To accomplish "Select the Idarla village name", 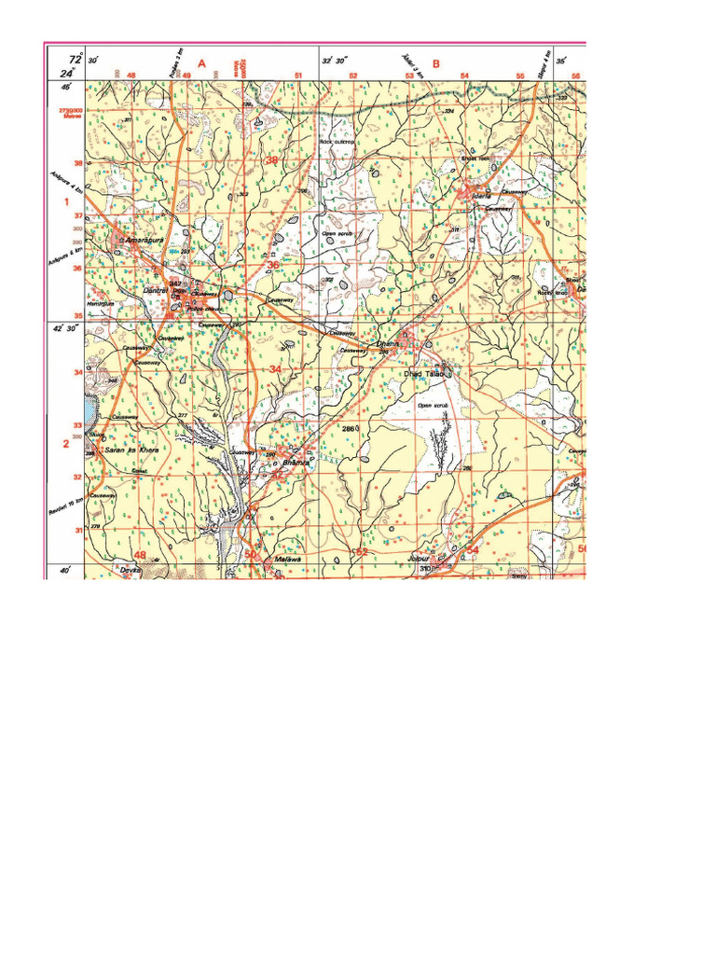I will point(482,198).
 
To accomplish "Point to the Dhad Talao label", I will point(422,374).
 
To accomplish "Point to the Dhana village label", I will point(386,344).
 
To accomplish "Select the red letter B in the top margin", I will point(434,64).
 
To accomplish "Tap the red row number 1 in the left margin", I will point(66,201).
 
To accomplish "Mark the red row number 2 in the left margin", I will point(66,444).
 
